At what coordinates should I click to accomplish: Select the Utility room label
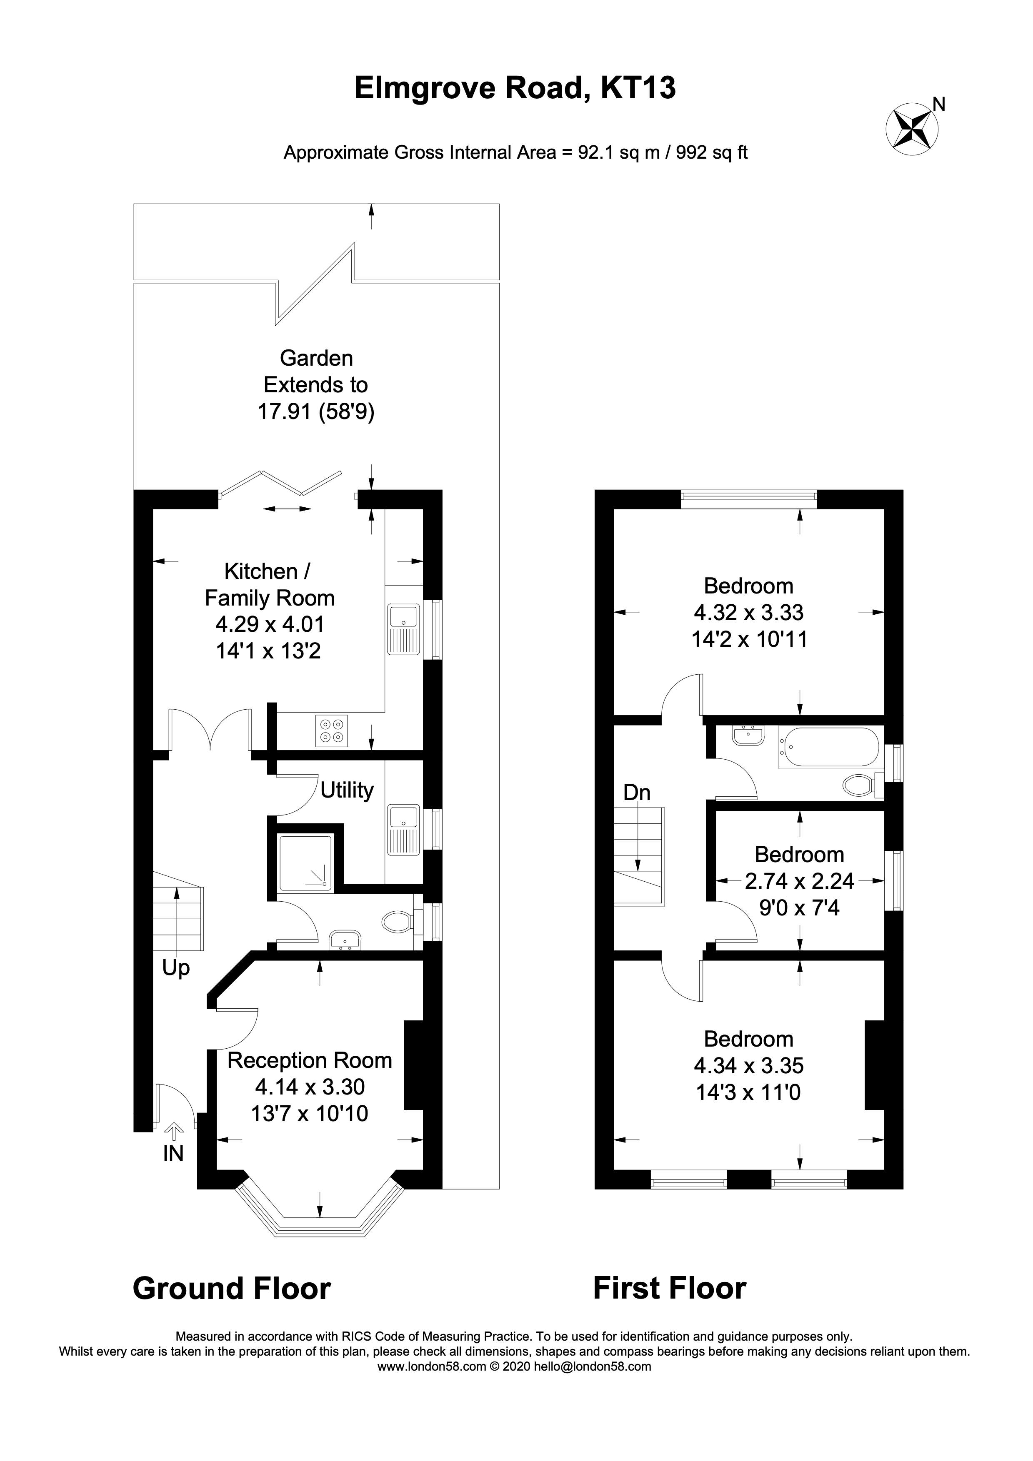click(x=347, y=790)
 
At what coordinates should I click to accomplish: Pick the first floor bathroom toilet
click(x=860, y=785)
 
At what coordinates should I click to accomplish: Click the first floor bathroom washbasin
click(x=748, y=735)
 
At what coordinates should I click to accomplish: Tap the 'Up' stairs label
click(x=176, y=968)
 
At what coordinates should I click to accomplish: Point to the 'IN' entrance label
click(x=173, y=1154)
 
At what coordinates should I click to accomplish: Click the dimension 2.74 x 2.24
click(x=799, y=881)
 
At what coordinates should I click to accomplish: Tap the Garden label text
click(x=316, y=358)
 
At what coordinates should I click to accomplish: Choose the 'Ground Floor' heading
click(x=232, y=1289)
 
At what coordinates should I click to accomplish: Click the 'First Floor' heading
click(x=670, y=1289)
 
